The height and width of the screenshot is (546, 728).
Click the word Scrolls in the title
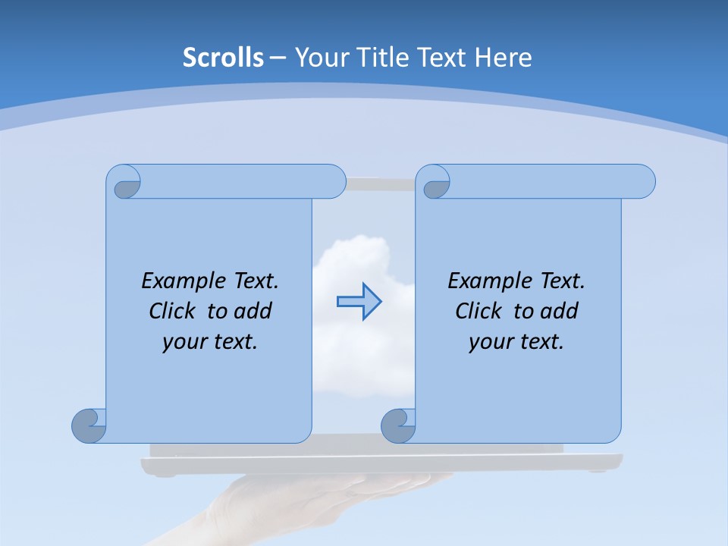click(224, 57)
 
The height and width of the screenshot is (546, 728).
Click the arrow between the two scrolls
click(359, 302)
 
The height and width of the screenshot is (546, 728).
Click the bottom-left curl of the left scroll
click(89, 425)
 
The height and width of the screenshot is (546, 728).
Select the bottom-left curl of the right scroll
click(398, 425)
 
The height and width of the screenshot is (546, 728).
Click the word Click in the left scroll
click(174, 311)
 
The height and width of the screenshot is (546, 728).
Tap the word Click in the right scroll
click(479, 311)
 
